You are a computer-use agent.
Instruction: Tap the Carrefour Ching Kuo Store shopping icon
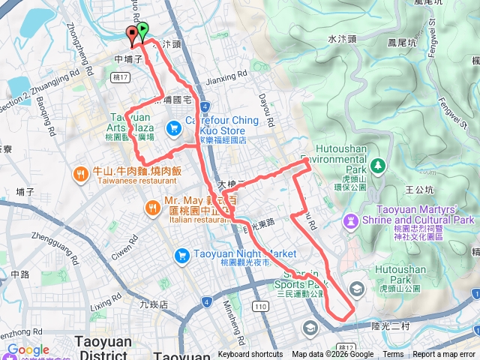pyautogui.click(x=173, y=128)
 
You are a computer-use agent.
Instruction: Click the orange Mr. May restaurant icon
pyautogui.click(x=151, y=205)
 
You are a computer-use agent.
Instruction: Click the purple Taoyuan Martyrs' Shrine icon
pyautogui.click(x=350, y=220)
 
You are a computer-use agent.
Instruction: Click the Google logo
pyautogui.click(x=28, y=349)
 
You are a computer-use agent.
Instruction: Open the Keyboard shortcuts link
pyautogui.click(x=251, y=355)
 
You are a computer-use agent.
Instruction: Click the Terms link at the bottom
pyautogui.click(x=393, y=355)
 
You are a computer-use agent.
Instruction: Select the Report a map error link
pyautogui.click(x=445, y=355)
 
